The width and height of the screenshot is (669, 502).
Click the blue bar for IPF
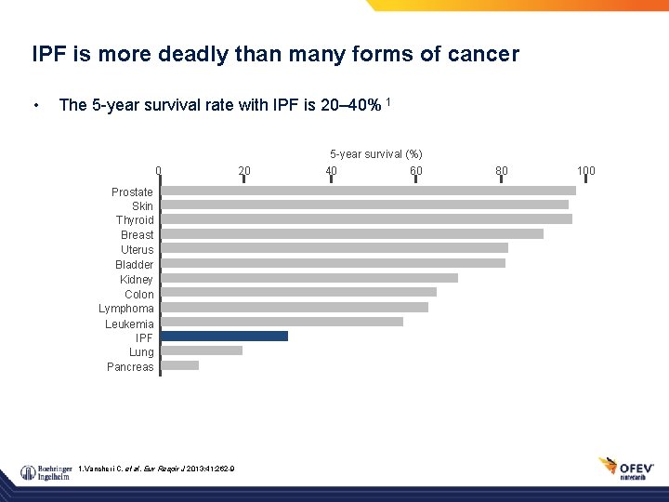pos(224,337)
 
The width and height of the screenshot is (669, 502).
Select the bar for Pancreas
pos(180,365)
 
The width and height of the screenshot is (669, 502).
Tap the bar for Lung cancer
pos(202,350)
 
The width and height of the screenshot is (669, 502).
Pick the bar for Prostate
pos(368,191)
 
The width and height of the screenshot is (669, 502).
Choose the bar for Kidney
pos(309,278)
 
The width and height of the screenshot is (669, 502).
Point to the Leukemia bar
pos(282,322)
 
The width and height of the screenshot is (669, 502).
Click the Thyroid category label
pos(135,220)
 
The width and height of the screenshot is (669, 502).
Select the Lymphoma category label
pos(126,309)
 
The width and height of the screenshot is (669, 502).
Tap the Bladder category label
pos(135,265)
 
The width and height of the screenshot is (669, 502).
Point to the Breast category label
pos(138,235)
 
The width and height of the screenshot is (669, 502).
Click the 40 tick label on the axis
pos(331,171)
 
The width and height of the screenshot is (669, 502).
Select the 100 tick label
pos(585,171)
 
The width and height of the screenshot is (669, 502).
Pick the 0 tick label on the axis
pos(159,171)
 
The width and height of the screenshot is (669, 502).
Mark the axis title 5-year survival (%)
pos(375,153)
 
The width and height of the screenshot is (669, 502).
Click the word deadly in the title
pos(205,55)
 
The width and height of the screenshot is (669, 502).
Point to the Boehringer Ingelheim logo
pos(46,472)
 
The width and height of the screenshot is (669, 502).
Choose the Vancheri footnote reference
pos(157,467)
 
